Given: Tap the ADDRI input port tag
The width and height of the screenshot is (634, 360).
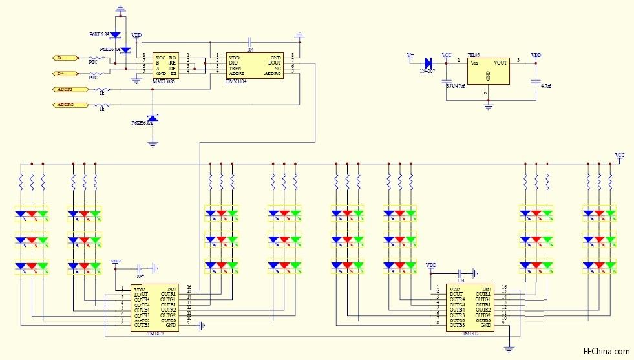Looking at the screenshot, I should click(x=65, y=89).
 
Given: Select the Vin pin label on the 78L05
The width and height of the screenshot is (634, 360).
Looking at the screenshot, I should click(x=474, y=63).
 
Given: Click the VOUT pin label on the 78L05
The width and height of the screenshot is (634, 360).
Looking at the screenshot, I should click(x=500, y=63).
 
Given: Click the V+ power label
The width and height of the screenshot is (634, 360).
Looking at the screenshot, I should click(x=410, y=56).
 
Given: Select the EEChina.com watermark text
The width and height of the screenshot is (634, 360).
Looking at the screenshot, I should click(x=606, y=351).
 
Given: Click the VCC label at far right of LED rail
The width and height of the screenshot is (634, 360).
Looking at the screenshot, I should click(x=620, y=156).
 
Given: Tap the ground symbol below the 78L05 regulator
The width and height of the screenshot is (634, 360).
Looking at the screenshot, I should click(x=489, y=103).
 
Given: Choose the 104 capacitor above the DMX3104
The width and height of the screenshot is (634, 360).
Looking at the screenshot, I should click(x=249, y=45).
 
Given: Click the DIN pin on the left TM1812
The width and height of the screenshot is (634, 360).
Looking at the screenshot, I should click(x=172, y=289).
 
